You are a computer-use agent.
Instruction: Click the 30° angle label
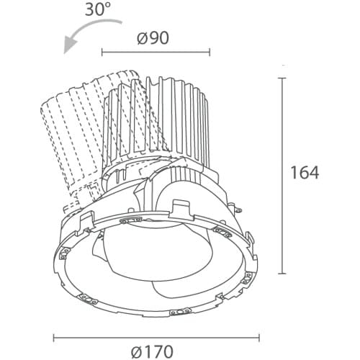(97, 11)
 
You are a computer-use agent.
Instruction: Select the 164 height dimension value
(305, 173)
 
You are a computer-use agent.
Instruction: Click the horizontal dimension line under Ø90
(156, 52)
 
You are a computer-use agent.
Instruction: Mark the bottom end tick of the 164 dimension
(282, 274)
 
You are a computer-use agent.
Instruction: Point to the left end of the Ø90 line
(102, 52)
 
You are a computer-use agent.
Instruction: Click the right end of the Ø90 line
(210, 52)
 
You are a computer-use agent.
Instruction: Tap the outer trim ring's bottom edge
(156, 315)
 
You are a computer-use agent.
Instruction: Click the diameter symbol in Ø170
(138, 351)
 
